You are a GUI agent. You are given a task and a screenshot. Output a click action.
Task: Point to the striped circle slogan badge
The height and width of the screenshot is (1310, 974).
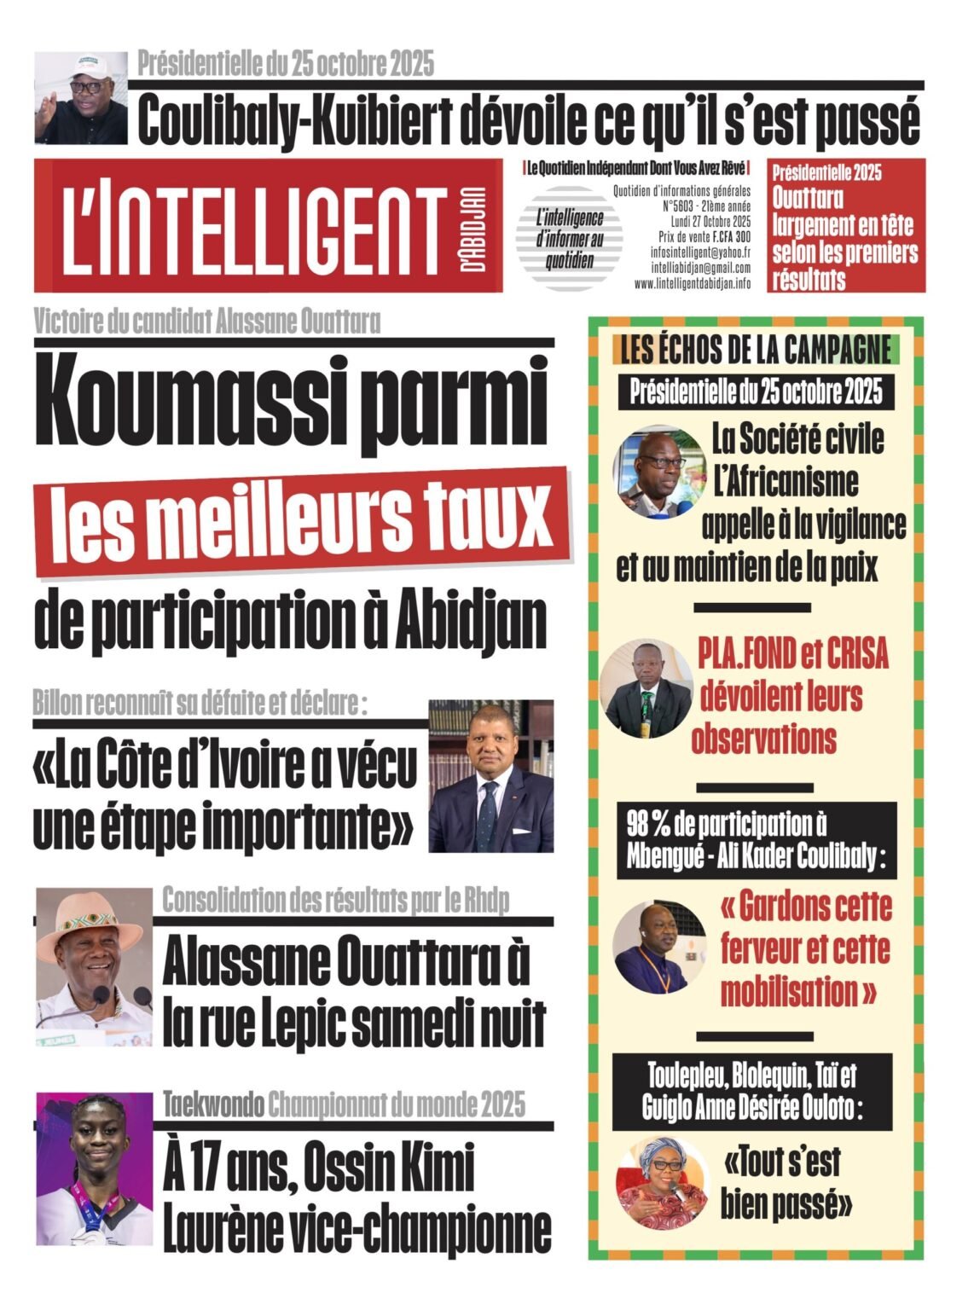coord(569,239)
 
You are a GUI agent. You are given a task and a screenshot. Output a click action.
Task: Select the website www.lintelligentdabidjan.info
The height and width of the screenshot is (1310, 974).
coord(693,283)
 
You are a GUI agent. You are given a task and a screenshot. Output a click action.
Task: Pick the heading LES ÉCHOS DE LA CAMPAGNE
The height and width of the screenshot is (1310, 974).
coord(756,350)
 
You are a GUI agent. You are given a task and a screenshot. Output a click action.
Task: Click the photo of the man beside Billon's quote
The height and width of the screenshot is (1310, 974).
coord(490,775)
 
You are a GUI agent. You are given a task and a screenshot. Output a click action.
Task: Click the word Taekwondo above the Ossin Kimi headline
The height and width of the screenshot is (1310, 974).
coord(212,1105)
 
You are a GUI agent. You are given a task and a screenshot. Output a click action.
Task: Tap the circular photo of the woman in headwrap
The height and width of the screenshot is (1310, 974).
coord(663,1182)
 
